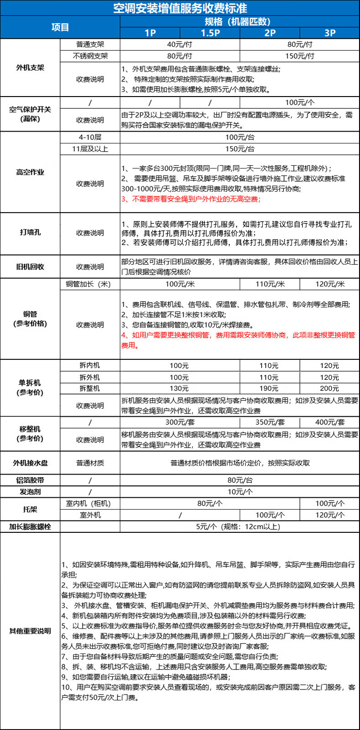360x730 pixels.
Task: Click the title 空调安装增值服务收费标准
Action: pyautogui.click(x=180, y=8)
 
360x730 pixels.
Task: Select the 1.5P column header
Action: pyautogui.click(x=210, y=33)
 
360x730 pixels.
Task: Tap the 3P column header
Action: pyautogui.click(x=329, y=33)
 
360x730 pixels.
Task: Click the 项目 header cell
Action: pyautogui.click(x=60, y=27)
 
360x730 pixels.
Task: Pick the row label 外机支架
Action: pyautogui.click(x=30, y=67)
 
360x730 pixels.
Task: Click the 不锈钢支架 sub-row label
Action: pyautogui.click(x=90, y=56)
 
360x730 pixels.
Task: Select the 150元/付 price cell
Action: pyautogui.click(x=299, y=56)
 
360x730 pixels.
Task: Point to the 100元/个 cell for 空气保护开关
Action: pyautogui.click(x=299, y=102)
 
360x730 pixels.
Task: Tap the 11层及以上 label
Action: pyautogui.click(x=90, y=149)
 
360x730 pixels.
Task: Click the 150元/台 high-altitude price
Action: pyautogui.click(x=240, y=149)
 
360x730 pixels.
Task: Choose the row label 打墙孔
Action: pyautogui.click(x=30, y=232)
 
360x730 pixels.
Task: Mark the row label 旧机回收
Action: pyautogui.click(x=30, y=266)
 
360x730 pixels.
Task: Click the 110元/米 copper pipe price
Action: pyautogui.click(x=270, y=284)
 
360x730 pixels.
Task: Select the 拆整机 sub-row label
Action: pyautogui.click(x=90, y=388)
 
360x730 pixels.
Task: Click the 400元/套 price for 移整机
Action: pyautogui.click(x=329, y=422)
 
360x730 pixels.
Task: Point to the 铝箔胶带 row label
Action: pyautogui.click(x=30, y=480)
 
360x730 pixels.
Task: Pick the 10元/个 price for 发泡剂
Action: pyautogui.click(x=240, y=492)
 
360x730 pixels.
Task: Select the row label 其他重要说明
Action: pyautogui.click(x=30, y=631)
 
